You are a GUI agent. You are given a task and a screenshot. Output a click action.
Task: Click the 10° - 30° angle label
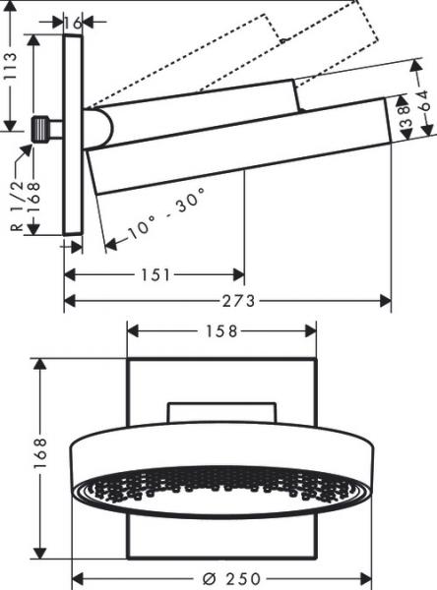157,215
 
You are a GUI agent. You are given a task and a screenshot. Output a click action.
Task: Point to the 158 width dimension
222,331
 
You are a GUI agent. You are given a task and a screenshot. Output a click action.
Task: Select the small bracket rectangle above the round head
222,412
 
